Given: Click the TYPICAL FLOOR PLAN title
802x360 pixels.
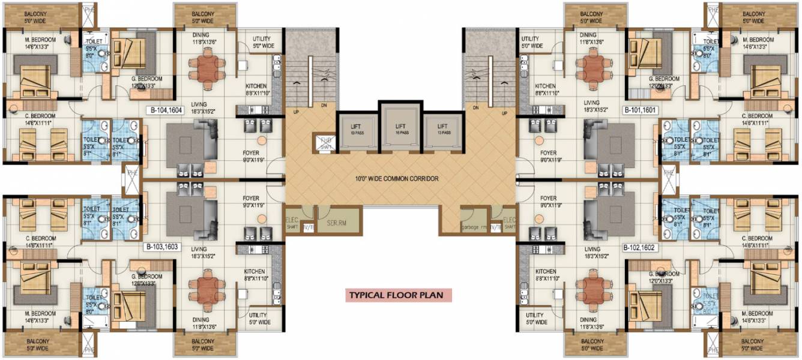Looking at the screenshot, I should [x=397, y=295].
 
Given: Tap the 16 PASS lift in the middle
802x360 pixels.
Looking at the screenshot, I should [x=400, y=128].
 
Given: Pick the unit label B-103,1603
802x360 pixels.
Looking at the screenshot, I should [x=163, y=246].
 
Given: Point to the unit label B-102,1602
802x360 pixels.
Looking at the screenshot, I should [x=641, y=246].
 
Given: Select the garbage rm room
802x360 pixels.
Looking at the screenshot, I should [x=474, y=227].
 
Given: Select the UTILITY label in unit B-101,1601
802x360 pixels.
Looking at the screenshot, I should [x=532, y=42].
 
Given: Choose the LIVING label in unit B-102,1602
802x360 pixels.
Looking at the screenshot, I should [x=592, y=249].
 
